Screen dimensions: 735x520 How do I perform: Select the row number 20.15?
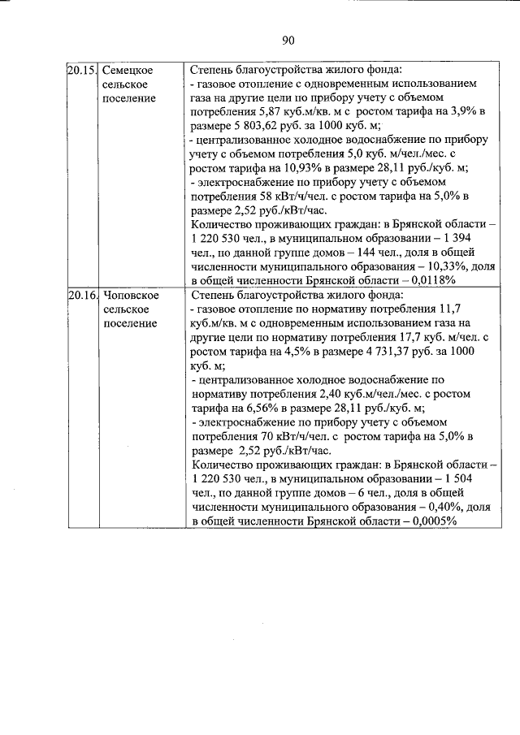[80, 71]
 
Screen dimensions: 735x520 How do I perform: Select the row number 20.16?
[80, 296]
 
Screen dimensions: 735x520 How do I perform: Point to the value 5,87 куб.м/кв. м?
[297, 112]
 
